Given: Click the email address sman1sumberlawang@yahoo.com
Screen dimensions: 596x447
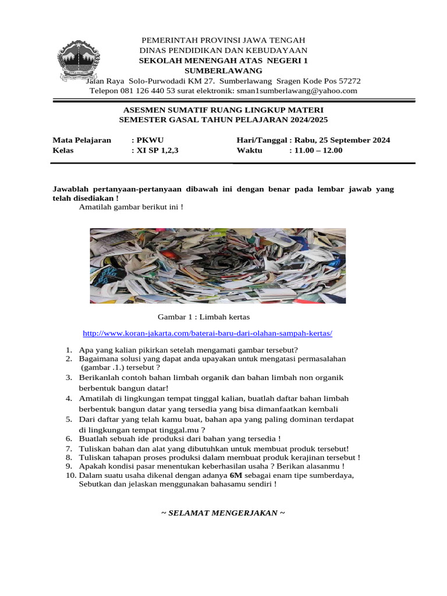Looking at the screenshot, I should point(297,91).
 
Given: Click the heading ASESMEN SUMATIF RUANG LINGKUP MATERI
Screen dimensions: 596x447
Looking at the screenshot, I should point(223,110).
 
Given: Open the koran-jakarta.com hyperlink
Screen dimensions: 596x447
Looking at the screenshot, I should point(208,334).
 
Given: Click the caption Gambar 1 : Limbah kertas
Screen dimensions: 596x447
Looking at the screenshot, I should point(204,317).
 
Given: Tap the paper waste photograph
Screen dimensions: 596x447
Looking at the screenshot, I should point(218,265).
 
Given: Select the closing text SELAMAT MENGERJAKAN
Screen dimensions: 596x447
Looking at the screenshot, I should point(223,513).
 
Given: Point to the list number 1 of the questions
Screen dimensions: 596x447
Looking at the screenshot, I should point(68,350).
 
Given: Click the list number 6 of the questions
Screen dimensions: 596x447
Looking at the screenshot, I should point(68,438).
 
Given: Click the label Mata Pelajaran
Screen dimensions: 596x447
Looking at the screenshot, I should point(82,140).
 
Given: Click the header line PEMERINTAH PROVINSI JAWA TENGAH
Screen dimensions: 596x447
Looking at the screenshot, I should point(223,40).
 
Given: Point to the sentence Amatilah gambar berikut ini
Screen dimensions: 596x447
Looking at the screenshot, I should point(131,207).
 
